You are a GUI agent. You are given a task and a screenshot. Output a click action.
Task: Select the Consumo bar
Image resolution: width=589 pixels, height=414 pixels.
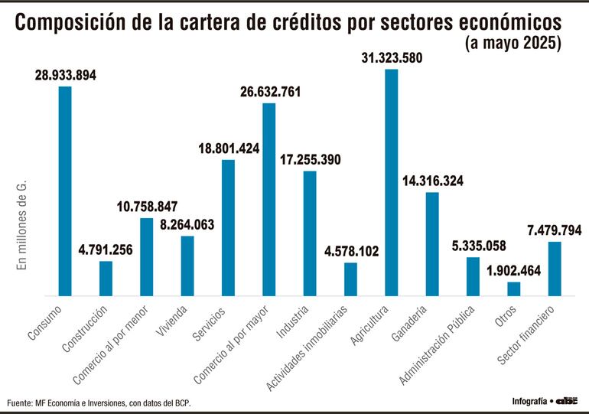coord(65,191)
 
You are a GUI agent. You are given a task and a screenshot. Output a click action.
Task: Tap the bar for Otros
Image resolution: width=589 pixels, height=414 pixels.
coord(514,288)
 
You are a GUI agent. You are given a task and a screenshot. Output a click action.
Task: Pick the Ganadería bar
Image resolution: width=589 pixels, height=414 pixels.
coord(432,243)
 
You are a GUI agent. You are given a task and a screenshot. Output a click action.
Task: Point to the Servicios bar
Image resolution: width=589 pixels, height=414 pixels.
coord(228,227)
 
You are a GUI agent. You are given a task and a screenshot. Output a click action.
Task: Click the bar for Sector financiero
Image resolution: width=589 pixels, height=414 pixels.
coord(555,269)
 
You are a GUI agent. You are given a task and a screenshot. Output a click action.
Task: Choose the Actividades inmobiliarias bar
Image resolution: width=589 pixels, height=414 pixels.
coord(350,279)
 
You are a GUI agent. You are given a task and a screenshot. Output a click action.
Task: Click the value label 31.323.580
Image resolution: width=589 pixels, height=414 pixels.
coord(391,58)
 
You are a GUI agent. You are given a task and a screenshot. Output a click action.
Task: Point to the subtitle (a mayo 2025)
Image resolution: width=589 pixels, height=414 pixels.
coord(513,44)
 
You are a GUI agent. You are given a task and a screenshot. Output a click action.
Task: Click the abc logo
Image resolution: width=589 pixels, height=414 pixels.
coord(567,400)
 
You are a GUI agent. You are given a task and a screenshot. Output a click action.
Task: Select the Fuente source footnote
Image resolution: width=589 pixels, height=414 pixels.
coord(99,403)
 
